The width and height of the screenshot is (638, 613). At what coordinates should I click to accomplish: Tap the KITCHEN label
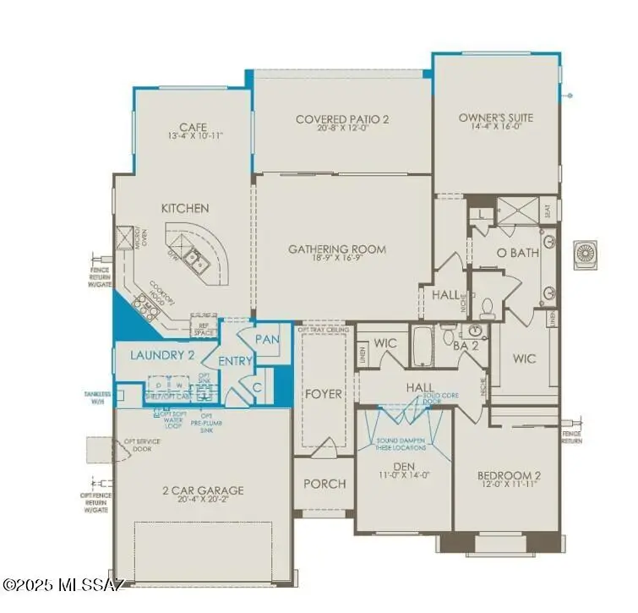click(x=185, y=208)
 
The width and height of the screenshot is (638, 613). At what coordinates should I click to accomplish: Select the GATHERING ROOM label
click(x=336, y=249)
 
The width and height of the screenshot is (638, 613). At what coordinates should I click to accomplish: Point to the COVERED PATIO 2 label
click(x=342, y=119)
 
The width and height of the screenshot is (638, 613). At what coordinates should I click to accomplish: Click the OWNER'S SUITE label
click(x=496, y=118)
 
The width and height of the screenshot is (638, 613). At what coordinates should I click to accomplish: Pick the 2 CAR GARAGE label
click(x=203, y=490)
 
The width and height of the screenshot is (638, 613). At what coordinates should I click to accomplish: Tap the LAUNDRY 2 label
click(x=163, y=355)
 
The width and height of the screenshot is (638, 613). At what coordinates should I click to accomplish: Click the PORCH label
click(x=324, y=484)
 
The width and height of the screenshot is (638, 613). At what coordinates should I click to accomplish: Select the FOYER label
click(x=324, y=394)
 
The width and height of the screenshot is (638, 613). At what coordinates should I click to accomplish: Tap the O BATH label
click(x=517, y=252)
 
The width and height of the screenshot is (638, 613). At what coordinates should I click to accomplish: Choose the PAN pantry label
click(x=267, y=339)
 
